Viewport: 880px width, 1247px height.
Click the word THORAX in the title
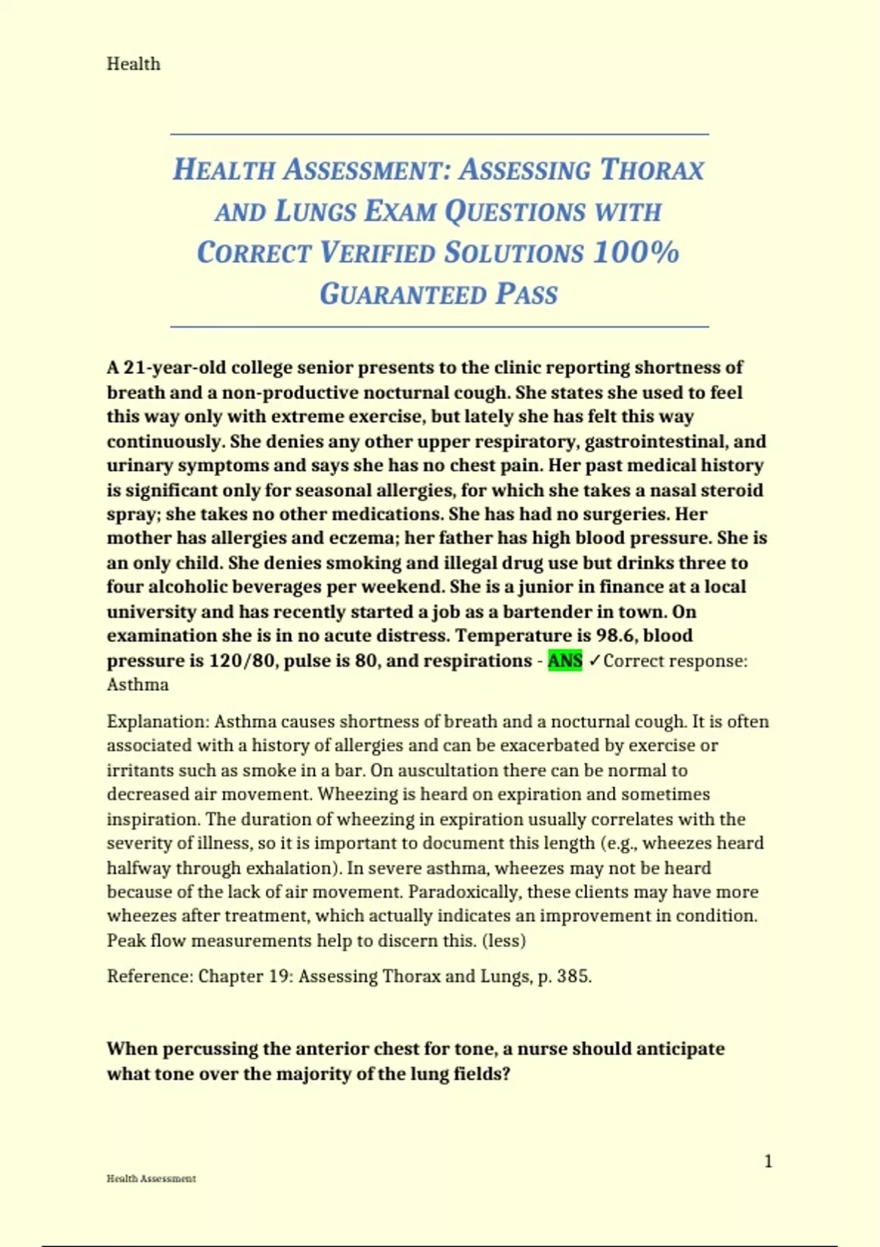[x=652, y=170]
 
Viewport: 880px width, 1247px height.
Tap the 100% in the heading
[x=636, y=252]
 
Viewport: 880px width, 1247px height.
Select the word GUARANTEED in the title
[x=403, y=294]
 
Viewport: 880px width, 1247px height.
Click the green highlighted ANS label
[x=565, y=660]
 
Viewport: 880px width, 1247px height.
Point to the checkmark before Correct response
[x=594, y=660]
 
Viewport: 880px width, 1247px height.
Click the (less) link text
[x=504, y=940]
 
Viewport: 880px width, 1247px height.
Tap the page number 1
[x=768, y=1161]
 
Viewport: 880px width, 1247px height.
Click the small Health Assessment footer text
[x=151, y=1179]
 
